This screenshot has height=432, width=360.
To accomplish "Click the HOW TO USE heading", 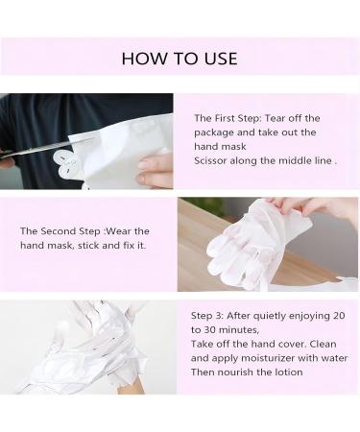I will click(x=180, y=59).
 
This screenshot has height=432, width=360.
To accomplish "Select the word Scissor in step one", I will click(x=213, y=160).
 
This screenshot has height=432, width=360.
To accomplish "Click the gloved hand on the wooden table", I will click(x=240, y=245).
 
